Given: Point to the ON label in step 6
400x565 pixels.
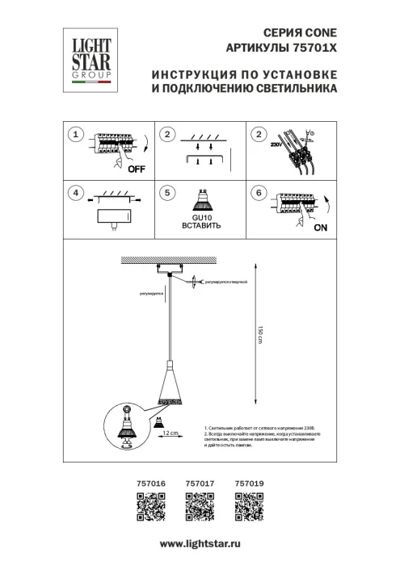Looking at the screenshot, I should [x=320, y=228].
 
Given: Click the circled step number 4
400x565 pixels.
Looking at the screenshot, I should [x=75, y=193].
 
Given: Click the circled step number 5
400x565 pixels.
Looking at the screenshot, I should [x=166, y=193].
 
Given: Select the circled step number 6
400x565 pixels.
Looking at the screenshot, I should [x=259, y=193].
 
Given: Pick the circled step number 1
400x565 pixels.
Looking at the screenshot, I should [x=75, y=134].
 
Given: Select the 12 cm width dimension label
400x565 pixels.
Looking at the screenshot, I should [x=170, y=434].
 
